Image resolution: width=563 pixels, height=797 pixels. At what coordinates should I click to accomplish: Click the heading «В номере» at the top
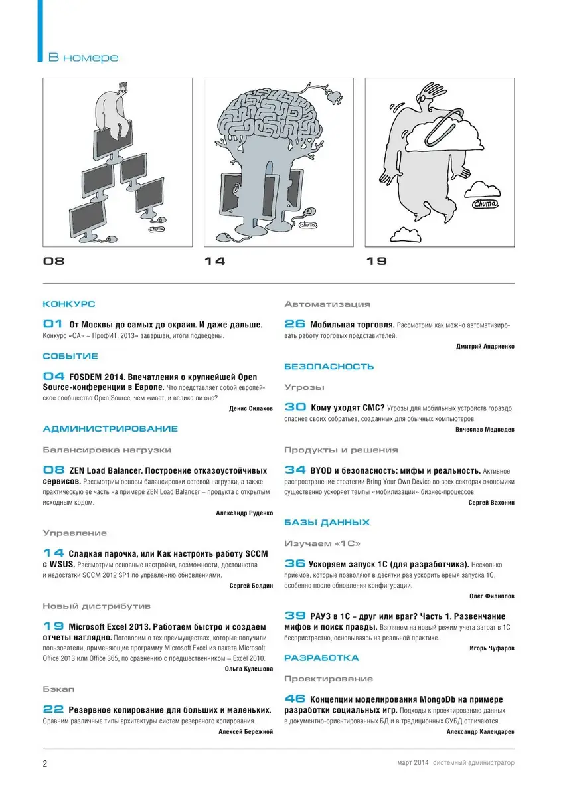(83, 58)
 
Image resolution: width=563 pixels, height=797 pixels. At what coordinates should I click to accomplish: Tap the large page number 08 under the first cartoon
(54, 262)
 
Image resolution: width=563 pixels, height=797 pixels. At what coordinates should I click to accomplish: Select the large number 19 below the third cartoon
(376, 262)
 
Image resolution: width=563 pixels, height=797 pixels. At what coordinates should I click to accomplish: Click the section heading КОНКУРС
(69, 304)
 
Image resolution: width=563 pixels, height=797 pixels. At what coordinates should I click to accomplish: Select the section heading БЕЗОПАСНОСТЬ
(329, 366)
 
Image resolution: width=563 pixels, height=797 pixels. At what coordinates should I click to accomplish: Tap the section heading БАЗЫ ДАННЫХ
(327, 523)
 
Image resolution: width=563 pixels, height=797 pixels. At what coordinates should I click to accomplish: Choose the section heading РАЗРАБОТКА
(322, 658)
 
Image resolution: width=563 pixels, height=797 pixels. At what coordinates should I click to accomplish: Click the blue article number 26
(295, 324)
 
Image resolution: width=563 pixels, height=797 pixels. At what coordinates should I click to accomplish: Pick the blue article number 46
(295, 699)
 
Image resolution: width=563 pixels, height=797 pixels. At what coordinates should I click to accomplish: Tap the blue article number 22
(53, 709)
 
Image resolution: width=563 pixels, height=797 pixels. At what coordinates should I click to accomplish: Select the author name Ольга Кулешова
(249, 669)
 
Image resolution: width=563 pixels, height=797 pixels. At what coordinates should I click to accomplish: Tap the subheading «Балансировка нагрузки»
(107, 450)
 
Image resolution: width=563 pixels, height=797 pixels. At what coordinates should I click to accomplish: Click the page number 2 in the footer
(45, 764)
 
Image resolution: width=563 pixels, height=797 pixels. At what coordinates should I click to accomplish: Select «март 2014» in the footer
(408, 764)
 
